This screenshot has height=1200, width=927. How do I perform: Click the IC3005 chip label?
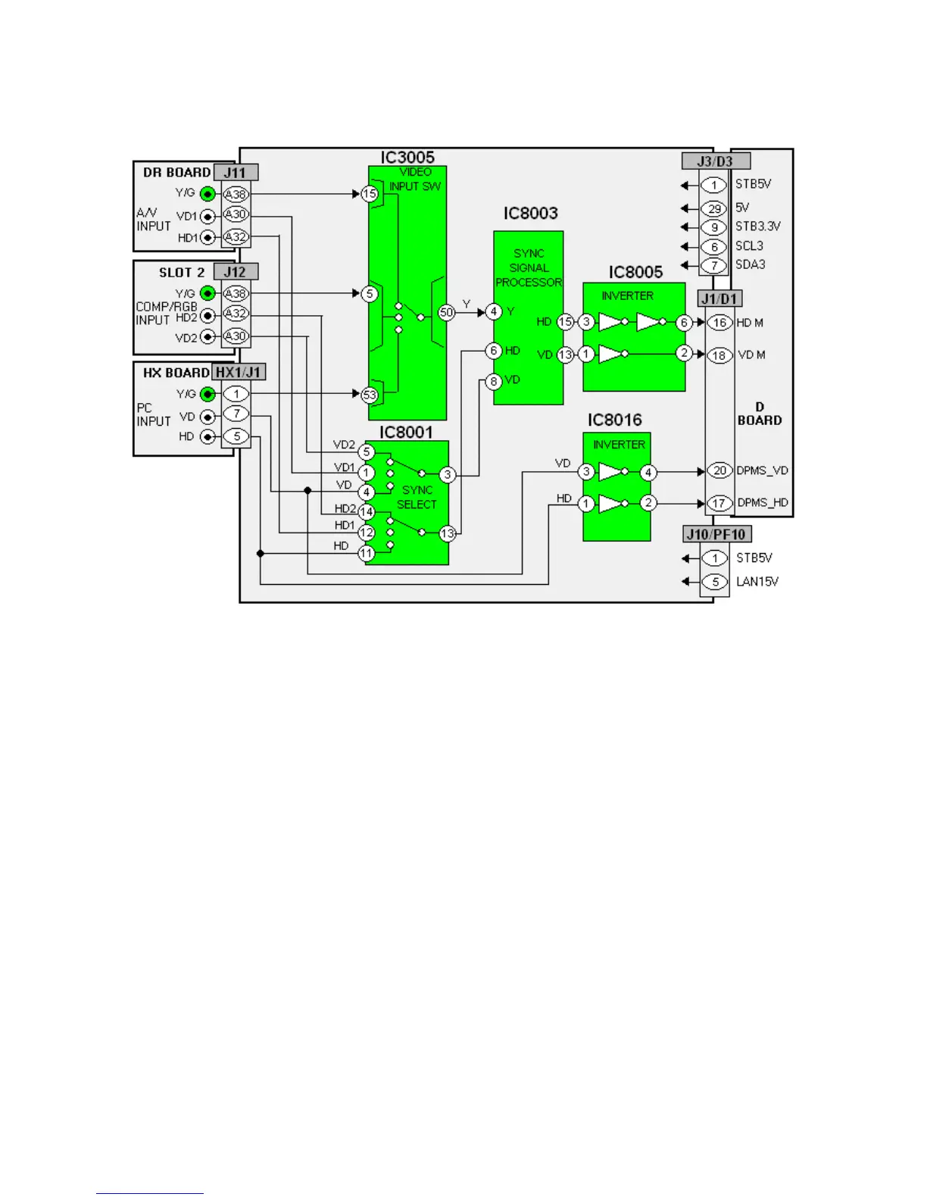(407, 157)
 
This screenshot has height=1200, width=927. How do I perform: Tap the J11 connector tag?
(235, 172)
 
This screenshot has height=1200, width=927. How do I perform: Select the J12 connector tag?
(235, 271)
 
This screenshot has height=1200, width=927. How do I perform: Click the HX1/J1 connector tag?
(238, 372)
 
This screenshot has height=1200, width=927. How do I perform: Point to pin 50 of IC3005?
(447, 312)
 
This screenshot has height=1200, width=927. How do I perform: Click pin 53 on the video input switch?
(370, 394)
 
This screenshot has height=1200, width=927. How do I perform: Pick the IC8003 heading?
(530, 214)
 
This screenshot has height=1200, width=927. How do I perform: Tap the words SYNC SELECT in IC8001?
(417, 497)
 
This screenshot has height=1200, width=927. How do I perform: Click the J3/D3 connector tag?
(715, 161)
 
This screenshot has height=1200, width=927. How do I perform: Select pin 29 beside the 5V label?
(714, 208)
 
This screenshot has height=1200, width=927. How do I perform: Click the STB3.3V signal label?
(757, 227)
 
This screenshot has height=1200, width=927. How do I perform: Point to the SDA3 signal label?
(750, 264)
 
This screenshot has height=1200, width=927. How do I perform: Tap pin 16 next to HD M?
(719, 323)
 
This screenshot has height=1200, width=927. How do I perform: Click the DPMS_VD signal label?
(762, 470)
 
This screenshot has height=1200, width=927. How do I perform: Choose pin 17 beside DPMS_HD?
(719, 503)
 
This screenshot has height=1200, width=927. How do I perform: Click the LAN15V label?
(757, 582)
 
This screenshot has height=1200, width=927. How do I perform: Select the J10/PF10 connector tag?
(716, 534)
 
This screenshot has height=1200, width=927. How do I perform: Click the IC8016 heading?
(614, 420)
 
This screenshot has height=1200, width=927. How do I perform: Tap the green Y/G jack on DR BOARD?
(208, 194)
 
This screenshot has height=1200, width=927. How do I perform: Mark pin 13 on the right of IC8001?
(448, 533)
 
